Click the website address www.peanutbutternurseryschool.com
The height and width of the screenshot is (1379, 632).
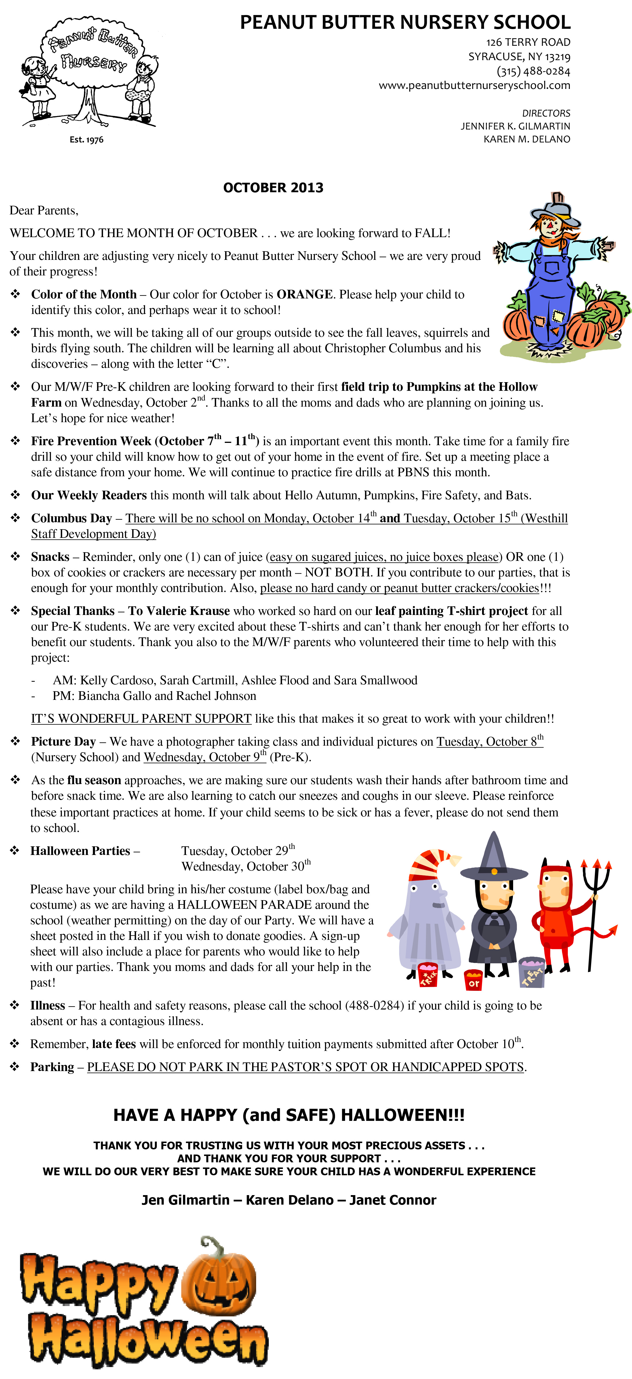pos(474,85)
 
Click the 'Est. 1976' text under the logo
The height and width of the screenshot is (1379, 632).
pos(86,140)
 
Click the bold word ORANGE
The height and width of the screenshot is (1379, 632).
pos(304,294)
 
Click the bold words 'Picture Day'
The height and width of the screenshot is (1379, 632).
pos(63,741)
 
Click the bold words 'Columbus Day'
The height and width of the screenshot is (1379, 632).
pos(71,518)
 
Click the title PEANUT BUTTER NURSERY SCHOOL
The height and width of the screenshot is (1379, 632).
pos(405,22)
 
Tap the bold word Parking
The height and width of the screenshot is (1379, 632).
pos(52,1067)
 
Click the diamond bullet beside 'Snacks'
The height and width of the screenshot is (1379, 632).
pos(16,557)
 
